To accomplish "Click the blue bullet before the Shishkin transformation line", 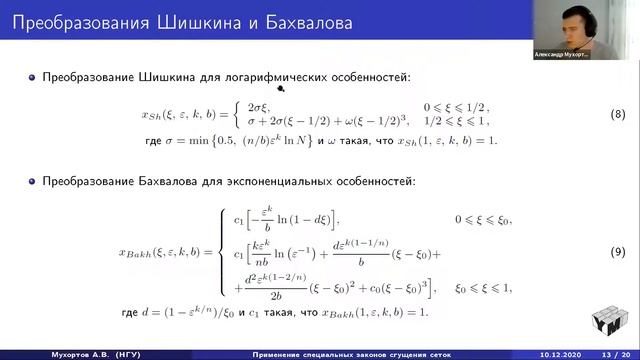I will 32,77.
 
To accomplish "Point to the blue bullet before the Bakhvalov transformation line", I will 32,183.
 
